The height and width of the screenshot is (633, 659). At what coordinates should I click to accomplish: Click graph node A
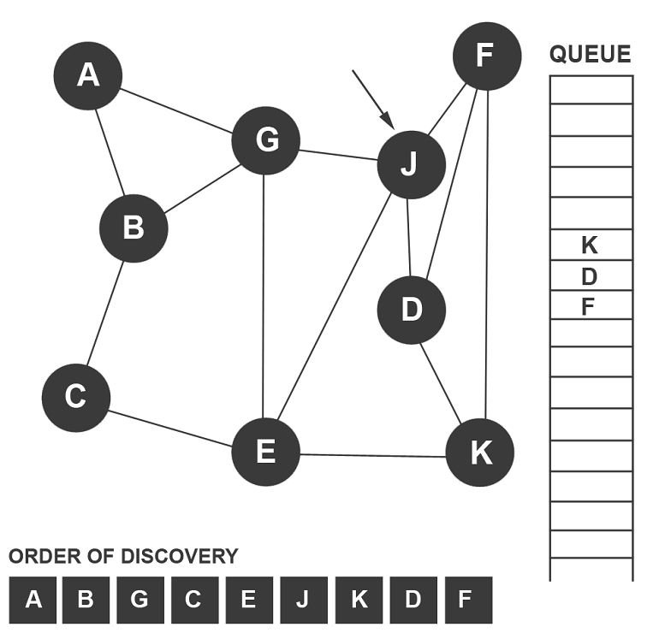[88, 75]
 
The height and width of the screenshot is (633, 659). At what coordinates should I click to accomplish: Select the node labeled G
[266, 140]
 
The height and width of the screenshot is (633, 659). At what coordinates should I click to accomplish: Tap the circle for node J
[411, 164]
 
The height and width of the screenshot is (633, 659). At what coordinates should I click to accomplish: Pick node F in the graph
[486, 56]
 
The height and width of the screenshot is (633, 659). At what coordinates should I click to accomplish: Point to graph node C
[75, 397]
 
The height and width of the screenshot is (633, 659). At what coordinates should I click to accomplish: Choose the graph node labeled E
[266, 452]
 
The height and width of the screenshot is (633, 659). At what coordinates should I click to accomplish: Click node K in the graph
[480, 453]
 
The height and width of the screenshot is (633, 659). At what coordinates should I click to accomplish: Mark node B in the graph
[134, 228]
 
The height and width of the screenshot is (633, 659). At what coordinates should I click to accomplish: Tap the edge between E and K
[373, 454]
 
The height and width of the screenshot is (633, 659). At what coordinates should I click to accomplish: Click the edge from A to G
[177, 109]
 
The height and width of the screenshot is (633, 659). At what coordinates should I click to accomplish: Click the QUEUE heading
[590, 56]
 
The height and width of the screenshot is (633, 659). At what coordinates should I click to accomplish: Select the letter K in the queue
[590, 246]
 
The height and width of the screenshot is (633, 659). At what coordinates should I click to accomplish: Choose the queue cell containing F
[590, 306]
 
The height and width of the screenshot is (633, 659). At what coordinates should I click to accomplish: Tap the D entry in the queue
[590, 276]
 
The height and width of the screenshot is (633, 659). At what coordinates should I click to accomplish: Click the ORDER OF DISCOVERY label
[123, 557]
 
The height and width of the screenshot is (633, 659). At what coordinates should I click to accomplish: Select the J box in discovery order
[302, 600]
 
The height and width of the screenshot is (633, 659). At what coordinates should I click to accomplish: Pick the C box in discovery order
[193, 600]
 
